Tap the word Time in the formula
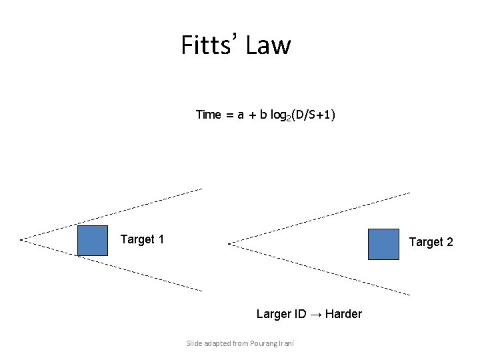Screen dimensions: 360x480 tap(208, 115)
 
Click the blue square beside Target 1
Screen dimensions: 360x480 tap(92, 241)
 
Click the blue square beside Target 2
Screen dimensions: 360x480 tap(383, 243)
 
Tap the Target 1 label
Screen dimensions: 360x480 tap(142, 239)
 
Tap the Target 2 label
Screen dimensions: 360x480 tap(431, 242)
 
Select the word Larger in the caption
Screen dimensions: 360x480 tap(274, 314)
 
